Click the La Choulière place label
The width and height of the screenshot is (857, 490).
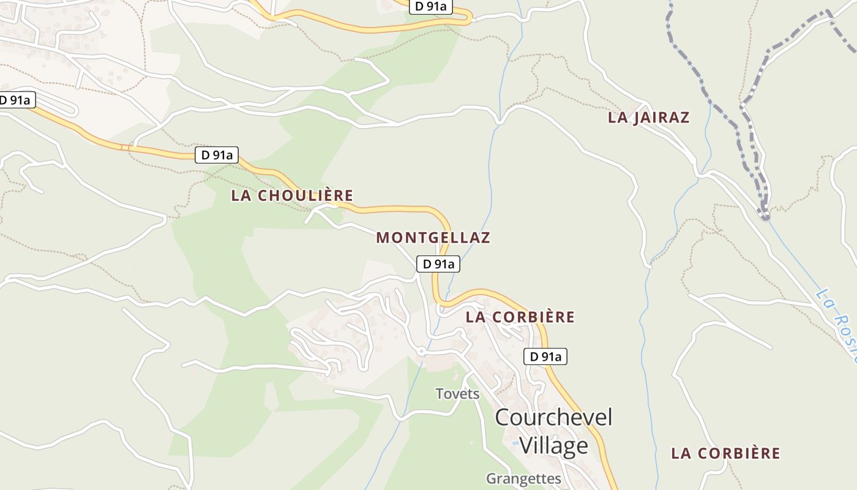tap(292, 195)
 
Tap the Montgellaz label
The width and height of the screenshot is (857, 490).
tap(433, 238)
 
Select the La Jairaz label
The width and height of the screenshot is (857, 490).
tap(648, 118)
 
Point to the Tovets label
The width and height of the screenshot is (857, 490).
tap(457, 394)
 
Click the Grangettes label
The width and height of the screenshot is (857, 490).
tap(523, 478)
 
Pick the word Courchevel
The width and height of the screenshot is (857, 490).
tap(553, 418)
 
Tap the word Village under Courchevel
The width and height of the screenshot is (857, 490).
tap(553, 446)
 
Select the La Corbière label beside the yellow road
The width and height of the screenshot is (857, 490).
tap(520, 317)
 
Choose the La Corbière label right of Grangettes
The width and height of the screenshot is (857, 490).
tap(725, 453)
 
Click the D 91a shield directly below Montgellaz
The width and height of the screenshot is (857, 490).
tap(438, 264)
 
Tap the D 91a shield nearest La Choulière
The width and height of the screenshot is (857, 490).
tap(216, 155)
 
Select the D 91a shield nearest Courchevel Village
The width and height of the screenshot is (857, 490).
tap(545, 356)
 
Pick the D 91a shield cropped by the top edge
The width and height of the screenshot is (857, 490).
tap(430, 7)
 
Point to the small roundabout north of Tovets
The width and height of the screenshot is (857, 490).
tap(421, 351)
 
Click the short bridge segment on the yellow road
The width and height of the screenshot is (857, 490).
tap(125, 147)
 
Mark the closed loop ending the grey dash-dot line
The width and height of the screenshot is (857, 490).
tap(764, 215)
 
